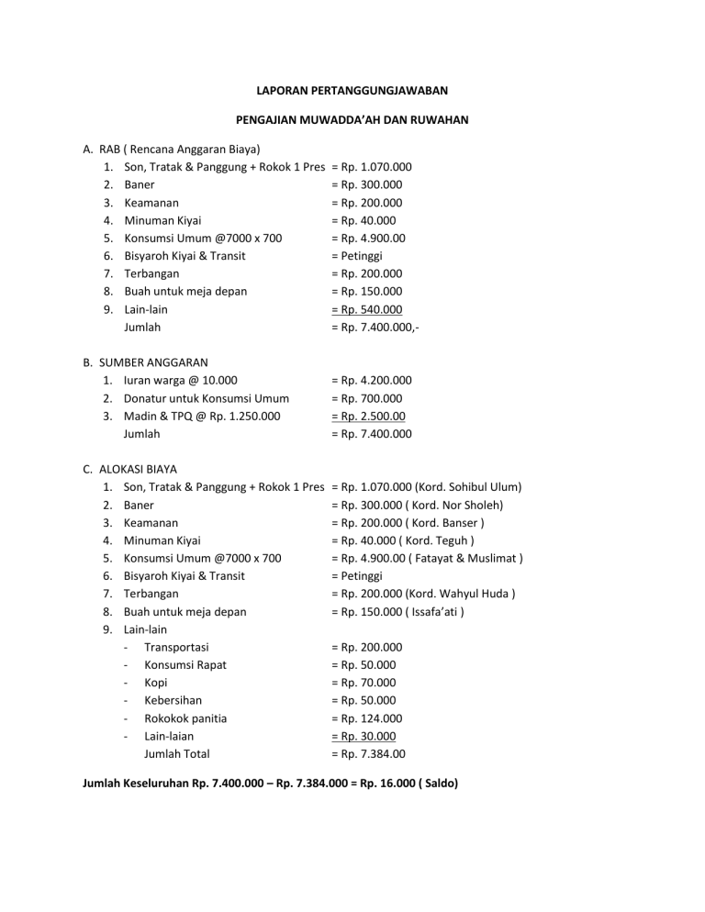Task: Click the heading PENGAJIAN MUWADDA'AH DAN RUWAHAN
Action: (352, 119)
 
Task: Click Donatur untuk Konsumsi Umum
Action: (207, 398)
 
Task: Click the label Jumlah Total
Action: (176, 754)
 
